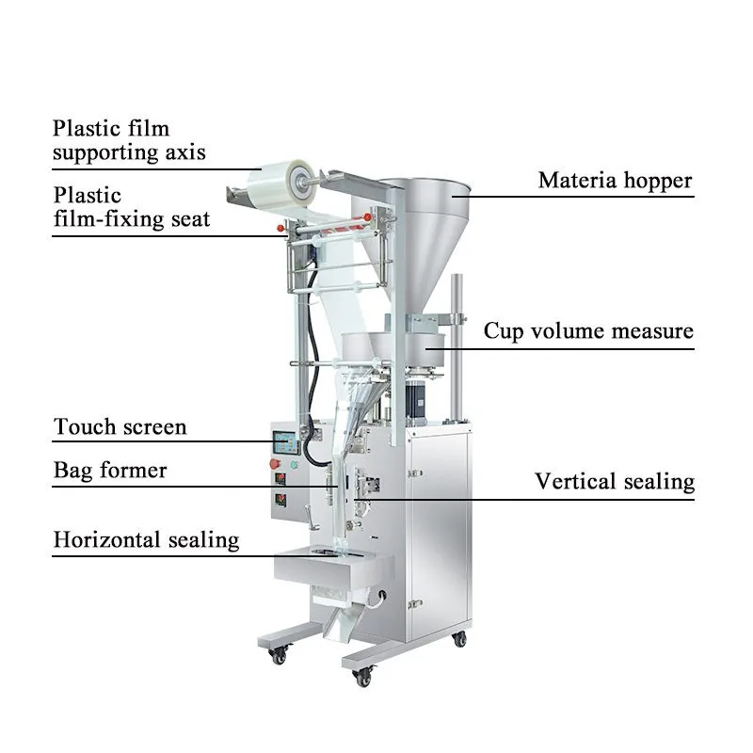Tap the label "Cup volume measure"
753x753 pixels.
click(x=588, y=331)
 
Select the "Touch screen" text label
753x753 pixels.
click(x=120, y=427)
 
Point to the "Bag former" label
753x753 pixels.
click(x=109, y=470)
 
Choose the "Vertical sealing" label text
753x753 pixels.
click(x=615, y=482)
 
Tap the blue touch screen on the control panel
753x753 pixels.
click(x=286, y=441)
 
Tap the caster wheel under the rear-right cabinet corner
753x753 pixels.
click(x=459, y=639)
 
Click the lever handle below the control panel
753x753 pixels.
click(x=311, y=510)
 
